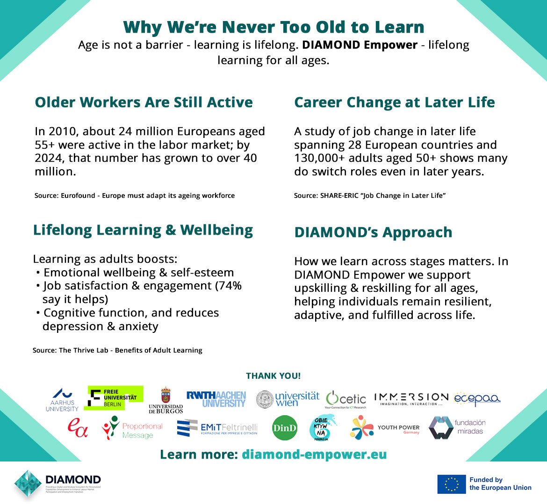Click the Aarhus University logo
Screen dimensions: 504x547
coord(62,400)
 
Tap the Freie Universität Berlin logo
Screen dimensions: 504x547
coord(116,398)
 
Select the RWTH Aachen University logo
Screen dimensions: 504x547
coord(216,399)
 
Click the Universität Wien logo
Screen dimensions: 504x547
coord(288,399)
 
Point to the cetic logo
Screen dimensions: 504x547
coord(346,399)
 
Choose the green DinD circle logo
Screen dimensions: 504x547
coord(285,428)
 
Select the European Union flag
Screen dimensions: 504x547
coord(451,484)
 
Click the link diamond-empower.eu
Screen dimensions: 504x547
coord(314,454)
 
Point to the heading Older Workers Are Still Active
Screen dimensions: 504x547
coord(144,102)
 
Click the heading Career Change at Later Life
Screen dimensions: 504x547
coord(394,102)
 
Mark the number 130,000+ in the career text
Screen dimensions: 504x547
coord(319,158)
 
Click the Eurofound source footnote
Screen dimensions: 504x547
coord(135,195)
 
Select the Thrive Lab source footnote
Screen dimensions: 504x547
coord(117,350)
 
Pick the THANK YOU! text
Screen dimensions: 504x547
coord(273,376)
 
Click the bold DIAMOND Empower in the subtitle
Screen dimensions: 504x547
coord(360,45)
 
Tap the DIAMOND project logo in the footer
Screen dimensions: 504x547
coord(58,484)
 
